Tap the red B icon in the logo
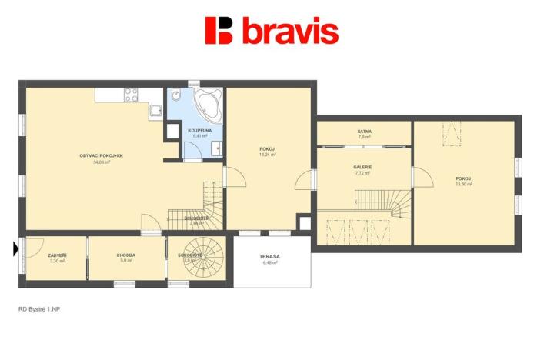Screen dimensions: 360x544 coord(219,31)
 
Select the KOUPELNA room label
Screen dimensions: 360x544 coord(200,131)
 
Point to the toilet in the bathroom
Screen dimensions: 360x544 coord(176,96)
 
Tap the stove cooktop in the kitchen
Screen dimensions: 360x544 coord(132,95)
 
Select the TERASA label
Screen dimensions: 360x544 coord(269,256)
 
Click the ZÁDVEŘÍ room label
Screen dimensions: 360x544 coord(57,255)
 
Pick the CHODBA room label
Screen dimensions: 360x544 coord(126,255)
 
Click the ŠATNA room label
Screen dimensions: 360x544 coord(364,132)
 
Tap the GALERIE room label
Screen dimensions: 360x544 coord(362,167)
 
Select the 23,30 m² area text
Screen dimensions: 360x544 coord(463,185)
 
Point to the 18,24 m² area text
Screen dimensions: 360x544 coord(268,154)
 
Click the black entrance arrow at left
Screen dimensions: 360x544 coord(16,248)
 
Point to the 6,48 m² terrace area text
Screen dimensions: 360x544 coord(269,262)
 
